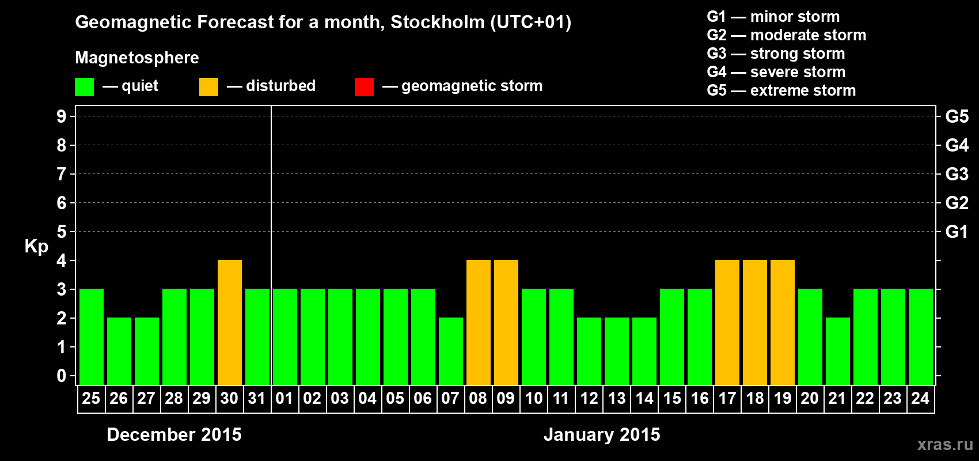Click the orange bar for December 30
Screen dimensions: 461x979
pyautogui.click(x=230, y=322)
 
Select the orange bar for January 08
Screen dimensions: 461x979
pyautogui.click(x=479, y=322)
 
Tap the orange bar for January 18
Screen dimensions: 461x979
pyautogui.click(x=755, y=322)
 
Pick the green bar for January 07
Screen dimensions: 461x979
pyautogui.click(x=451, y=351)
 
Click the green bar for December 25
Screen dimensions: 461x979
pyautogui.click(x=92, y=337)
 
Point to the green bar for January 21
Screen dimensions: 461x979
pyautogui.click(x=838, y=351)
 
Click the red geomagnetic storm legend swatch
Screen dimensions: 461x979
pyautogui.click(x=364, y=87)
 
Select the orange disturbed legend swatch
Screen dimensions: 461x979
pyautogui.click(x=208, y=87)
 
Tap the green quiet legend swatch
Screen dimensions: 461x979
pyautogui.click(x=84, y=87)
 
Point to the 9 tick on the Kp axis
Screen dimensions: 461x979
pyautogui.click(x=62, y=116)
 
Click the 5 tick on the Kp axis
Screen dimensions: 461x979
pyautogui.click(x=62, y=232)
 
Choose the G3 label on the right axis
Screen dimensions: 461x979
pyautogui.click(x=957, y=174)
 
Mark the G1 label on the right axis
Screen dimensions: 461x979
pyautogui.click(x=957, y=232)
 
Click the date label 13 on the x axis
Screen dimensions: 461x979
pyautogui.click(x=617, y=399)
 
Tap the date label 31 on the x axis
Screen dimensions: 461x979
pyautogui.click(x=257, y=399)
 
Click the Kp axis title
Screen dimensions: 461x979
pyautogui.click(x=36, y=247)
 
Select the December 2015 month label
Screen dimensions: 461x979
pyautogui.click(x=174, y=434)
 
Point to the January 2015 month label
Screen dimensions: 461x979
pyautogui.click(x=602, y=434)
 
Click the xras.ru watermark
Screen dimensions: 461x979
pyautogui.click(x=945, y=444)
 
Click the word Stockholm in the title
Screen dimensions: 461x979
pyautogui.click(x=438, y=22)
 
